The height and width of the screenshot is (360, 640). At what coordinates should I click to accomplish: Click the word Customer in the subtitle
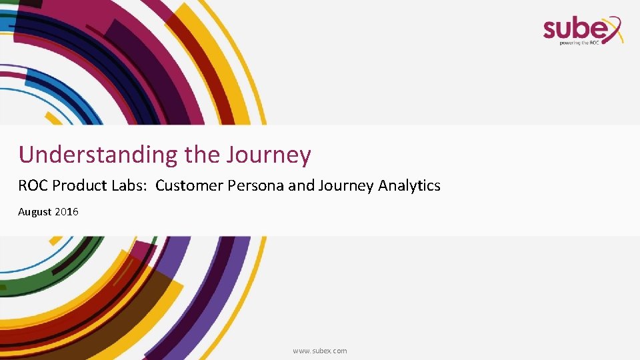(x=189, y=185)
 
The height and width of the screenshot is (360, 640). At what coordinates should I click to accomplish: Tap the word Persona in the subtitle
(x=256, y=185)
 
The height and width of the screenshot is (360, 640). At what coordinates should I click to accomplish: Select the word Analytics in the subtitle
(x=409, y=185)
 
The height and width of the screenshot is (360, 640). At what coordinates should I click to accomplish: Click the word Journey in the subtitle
(x=345, y=186)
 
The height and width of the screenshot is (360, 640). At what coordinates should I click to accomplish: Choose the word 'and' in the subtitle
(x=301, y=185)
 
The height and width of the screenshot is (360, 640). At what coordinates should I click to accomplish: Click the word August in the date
(x=35, y=212)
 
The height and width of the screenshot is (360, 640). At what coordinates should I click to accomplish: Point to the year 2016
(x=67, y=212)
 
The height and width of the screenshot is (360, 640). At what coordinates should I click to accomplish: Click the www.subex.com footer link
(x=320, y=351)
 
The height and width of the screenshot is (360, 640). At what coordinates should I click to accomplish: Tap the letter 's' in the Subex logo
(x=551, y=29)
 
